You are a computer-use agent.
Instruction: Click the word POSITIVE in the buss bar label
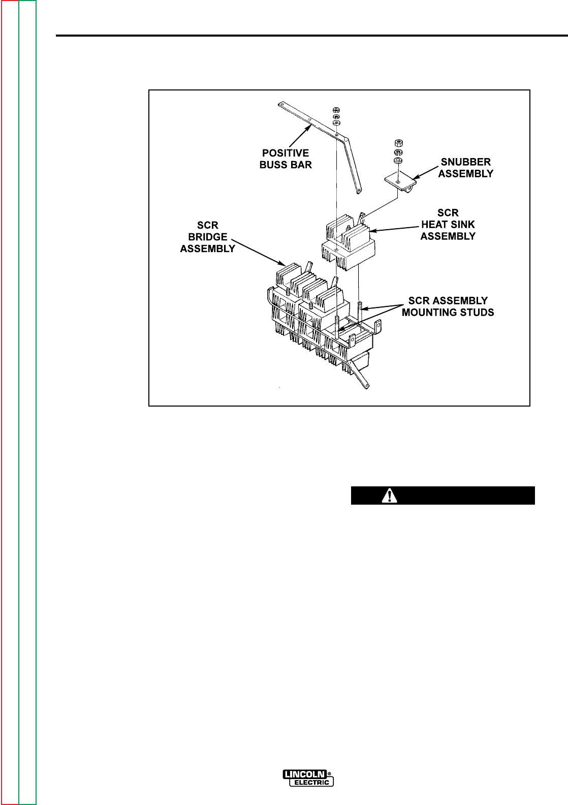[x=285, y=153]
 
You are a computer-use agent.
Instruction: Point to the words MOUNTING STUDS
[x=448, y=312]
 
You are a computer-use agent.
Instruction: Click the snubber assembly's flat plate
[x=399, y=180]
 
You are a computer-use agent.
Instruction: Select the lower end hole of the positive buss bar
[x=359, y=191]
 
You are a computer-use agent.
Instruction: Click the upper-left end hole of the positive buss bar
[x=281, y=105]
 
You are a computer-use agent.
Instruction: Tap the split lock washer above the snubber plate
[x=398, y=152]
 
